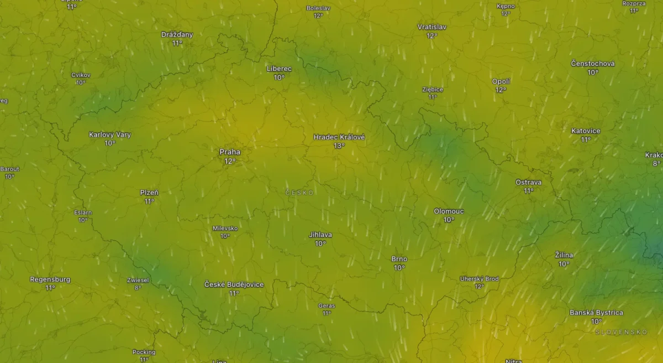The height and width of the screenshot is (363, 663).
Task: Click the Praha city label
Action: point(230,152)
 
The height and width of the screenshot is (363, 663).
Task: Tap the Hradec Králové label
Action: point(339,137)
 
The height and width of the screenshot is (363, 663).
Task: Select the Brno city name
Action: point(399,259)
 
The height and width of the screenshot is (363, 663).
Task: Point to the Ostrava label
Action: point(528,182)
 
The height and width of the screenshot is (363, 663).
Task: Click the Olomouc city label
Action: point(449,211)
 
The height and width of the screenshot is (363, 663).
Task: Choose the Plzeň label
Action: point(149,193)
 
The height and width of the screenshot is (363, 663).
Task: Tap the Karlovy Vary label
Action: point(110,134)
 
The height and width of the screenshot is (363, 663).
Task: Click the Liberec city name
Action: point(279,69)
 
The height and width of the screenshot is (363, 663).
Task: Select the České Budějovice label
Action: point(234,284)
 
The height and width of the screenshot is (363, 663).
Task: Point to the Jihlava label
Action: point(320,235)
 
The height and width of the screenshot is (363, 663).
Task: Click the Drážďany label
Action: point(177,34)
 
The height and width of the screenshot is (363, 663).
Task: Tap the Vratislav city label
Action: point(432,27)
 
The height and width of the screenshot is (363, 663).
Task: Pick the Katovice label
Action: point(586,131)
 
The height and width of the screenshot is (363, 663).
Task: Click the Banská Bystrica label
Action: point(596,313)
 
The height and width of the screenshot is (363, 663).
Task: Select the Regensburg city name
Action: point(50,279)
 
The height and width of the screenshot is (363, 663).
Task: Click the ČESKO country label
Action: point(299,193)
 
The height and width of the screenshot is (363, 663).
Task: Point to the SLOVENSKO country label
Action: point(621,332)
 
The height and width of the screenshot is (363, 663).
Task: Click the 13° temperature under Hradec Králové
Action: point(339,146)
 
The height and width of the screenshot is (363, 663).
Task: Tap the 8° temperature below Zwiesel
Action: point(138,288)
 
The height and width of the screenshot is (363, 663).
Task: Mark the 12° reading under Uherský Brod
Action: point(479,287)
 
